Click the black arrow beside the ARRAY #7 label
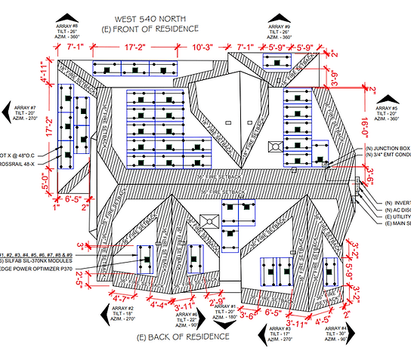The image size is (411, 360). (8, 112)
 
